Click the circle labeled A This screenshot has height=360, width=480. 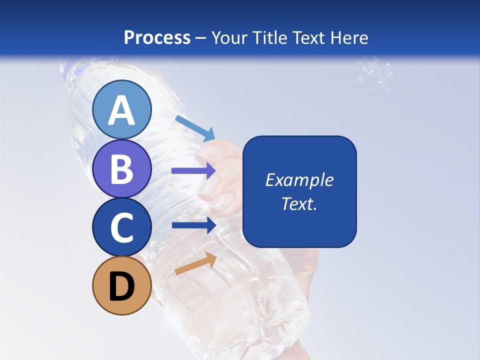121,109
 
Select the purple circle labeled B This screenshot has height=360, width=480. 121,168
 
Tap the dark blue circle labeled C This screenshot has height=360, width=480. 121,227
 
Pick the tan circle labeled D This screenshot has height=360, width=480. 121,285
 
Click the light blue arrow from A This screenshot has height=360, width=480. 195,128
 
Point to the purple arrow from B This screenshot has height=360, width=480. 193,170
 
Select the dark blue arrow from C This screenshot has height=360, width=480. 193,225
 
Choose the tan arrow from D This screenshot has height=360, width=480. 195,263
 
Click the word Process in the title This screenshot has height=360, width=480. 157,37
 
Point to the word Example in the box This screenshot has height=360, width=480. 299,180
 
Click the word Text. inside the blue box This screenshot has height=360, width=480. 299,203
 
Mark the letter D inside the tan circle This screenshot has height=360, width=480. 121,286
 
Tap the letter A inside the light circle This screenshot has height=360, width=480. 121,110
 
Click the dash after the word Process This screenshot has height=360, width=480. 201,38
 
